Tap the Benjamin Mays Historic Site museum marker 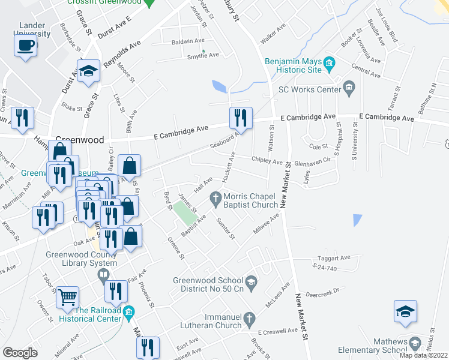[x=328, y=63]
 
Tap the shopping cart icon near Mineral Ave [x=67, y=296]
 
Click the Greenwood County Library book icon [x=103, y=275]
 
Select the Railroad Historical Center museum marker [x=128, y=313]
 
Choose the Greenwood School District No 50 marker [x=251, y=281]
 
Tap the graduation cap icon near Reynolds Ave [x=88, y=70]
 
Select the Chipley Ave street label [x=267, y=161]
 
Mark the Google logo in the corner [x=20, y=353]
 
